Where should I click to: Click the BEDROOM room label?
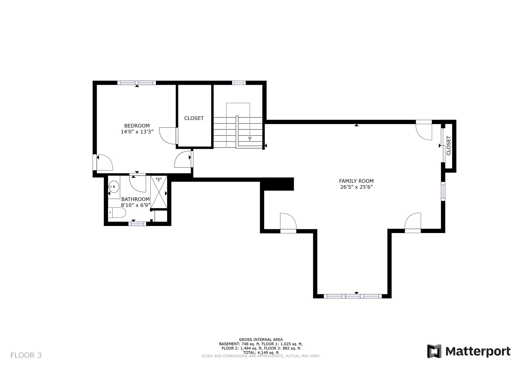tap(137, 126)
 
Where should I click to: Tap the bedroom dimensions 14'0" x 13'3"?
tap(137, 132)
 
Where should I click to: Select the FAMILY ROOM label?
tap(356, 181)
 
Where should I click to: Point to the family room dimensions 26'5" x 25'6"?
tap(356, 187)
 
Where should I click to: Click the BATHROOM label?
tap(135, 199)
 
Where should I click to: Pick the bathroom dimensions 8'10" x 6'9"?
tap(135, 205)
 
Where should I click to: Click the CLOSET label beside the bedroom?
tap(194, 118)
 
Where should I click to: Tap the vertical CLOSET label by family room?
tap(449, 145)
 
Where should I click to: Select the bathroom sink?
tap(114, 187)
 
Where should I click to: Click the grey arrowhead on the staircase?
tap(250, 139)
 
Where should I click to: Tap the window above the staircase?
tap(239, 83)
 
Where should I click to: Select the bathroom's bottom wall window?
tap(137, 224)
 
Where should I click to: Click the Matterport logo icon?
tap(434, 351)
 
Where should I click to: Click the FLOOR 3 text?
tap(26, 355)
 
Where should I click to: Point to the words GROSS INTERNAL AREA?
tap(261, 339)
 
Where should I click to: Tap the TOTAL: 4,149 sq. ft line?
tap(261, 352)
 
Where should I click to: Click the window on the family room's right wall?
tap(443, 191)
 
